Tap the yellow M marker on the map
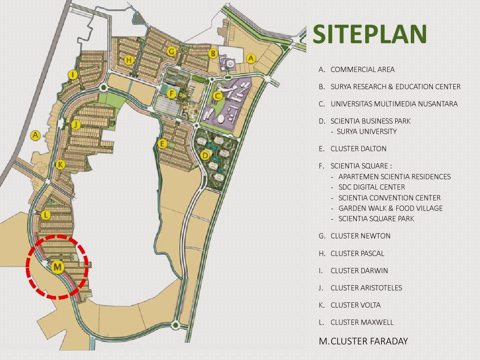pos(58,266)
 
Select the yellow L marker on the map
pos(46,215)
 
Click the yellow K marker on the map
pos(60,164)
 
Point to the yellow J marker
pos(76,125)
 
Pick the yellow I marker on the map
pos(72,75)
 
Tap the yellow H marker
pos(129,60)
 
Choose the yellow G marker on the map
pos(171,51)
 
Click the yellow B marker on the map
pos(213,53)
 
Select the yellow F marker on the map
pos(171,94)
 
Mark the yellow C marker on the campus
pos(217,96)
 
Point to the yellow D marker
pos(205,155)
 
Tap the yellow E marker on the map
pos(162,144)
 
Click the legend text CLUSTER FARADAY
pos(369,341)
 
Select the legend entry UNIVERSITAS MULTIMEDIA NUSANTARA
pos(394,104)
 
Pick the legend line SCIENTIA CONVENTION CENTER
pos(389,198)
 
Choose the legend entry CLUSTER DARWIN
pos(359,270)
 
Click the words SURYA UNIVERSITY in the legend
pos(366,132)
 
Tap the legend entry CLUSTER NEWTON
pos(360,236)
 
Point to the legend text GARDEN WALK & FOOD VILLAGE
pos(390,208)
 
